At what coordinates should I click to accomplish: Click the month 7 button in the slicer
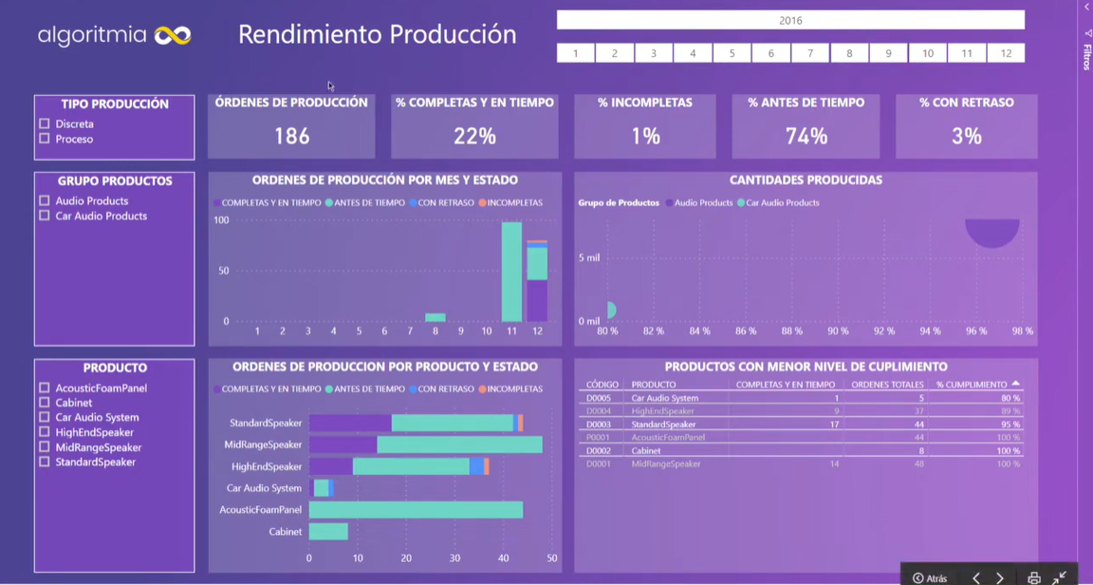point(810,53)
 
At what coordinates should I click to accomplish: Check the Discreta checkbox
point(45,123)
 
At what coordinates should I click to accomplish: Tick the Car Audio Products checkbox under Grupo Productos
point(45,216)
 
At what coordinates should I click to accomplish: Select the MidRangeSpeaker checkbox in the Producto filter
point(45,447)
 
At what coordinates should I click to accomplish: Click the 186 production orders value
point(291,136)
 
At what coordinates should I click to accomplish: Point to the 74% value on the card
point(806,136)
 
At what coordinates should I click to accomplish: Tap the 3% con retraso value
point(966,136)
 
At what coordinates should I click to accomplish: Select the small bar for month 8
point(435,317)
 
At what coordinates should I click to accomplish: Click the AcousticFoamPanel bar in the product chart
point(416,510)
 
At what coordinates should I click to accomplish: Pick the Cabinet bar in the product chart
point(328,532)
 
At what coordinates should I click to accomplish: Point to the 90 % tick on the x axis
point(838,331)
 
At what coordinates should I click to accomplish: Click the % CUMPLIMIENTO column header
point(972,385)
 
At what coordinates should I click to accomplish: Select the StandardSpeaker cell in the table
point(663,425)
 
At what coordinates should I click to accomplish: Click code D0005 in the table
point(599,398)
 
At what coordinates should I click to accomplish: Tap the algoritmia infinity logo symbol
point(173,36)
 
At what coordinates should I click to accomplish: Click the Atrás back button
point(931,577)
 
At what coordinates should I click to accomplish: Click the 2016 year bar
point(790,20)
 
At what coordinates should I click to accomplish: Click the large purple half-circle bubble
point(992,232)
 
